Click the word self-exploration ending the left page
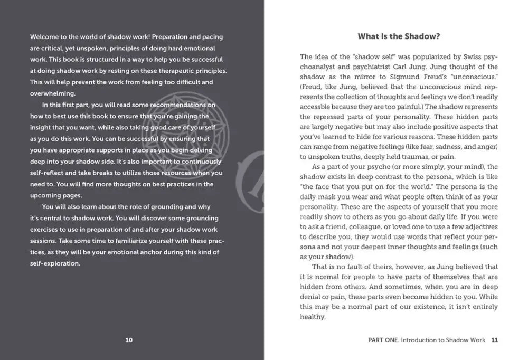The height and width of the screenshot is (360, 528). coord(55,264)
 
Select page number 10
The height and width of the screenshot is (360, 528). coord(129,340)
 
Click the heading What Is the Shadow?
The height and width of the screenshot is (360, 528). coord(399,36)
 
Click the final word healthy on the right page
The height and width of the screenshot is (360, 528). coord(313,317)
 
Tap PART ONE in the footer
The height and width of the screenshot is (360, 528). coord(383,340)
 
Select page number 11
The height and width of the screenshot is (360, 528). coord(494,340)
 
